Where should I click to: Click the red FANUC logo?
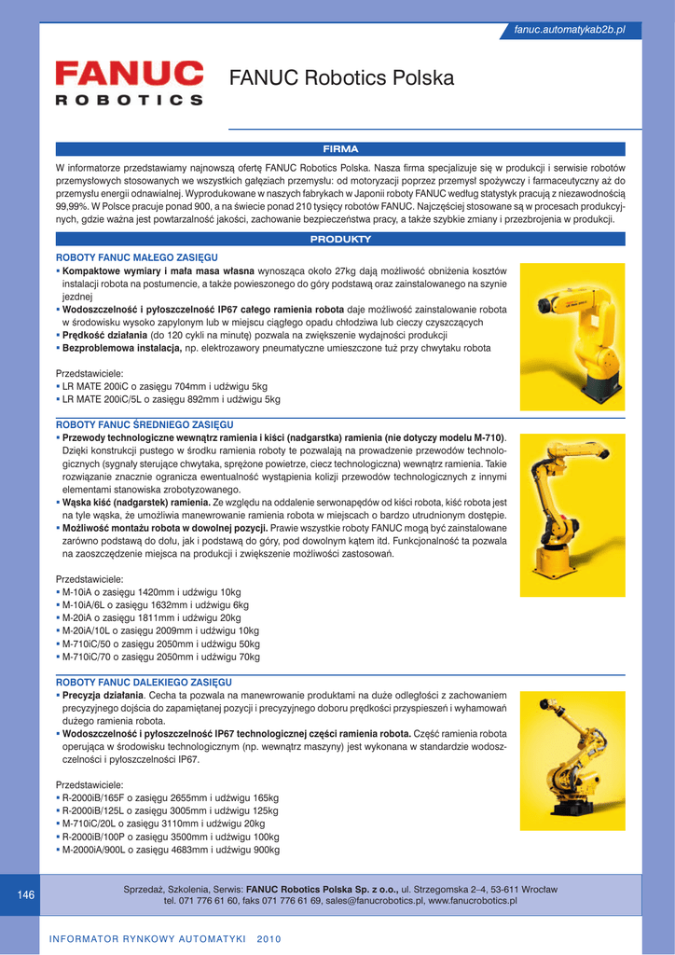129,72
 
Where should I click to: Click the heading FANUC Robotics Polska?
341,78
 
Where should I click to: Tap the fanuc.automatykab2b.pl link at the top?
569,31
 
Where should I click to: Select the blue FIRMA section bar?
340,148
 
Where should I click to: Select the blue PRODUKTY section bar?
340,240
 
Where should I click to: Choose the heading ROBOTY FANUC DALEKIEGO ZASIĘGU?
144,683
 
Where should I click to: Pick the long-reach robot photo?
572,760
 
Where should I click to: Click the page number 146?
26,895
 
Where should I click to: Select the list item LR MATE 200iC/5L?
171,400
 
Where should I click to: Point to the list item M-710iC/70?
161,657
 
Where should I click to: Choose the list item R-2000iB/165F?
171,798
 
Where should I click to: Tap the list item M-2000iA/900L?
171,851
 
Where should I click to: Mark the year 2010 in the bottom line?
269,938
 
